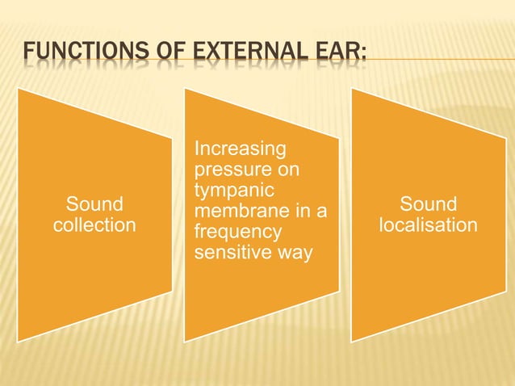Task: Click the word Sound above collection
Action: (x=94, y=204)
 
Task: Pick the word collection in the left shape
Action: (x=94, y=224)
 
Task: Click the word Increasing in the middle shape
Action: (x=241, y=149)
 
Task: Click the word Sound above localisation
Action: (x=429, y=204)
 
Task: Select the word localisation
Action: (x=429, y=224)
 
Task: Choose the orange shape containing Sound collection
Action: (x=94, y=275)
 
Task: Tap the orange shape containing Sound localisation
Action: (x=429, y=283)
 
